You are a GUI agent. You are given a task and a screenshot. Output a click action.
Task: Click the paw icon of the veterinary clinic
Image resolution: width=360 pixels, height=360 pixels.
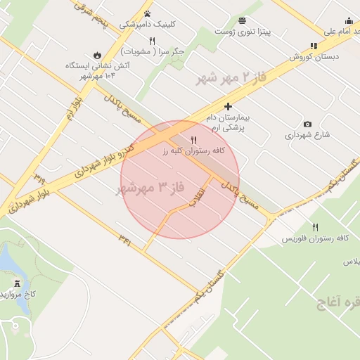(148, 13)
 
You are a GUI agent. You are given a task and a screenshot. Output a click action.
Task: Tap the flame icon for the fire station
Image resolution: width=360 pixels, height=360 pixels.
(96, 54)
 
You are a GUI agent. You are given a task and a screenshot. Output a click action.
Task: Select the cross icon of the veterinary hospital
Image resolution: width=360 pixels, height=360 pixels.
(228, 105)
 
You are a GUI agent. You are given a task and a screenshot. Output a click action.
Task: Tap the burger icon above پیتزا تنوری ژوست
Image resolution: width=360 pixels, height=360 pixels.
(243, 20)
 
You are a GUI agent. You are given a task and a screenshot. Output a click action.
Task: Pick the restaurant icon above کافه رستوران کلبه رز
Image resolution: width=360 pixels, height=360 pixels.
(194, 140)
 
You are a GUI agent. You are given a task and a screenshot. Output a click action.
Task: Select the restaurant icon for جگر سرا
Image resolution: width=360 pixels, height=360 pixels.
(152, 41)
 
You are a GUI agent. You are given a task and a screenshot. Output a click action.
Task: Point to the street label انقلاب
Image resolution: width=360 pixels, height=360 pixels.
(200, 198)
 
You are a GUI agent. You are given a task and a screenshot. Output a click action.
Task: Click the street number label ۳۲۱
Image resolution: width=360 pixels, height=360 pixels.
(125, 242)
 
